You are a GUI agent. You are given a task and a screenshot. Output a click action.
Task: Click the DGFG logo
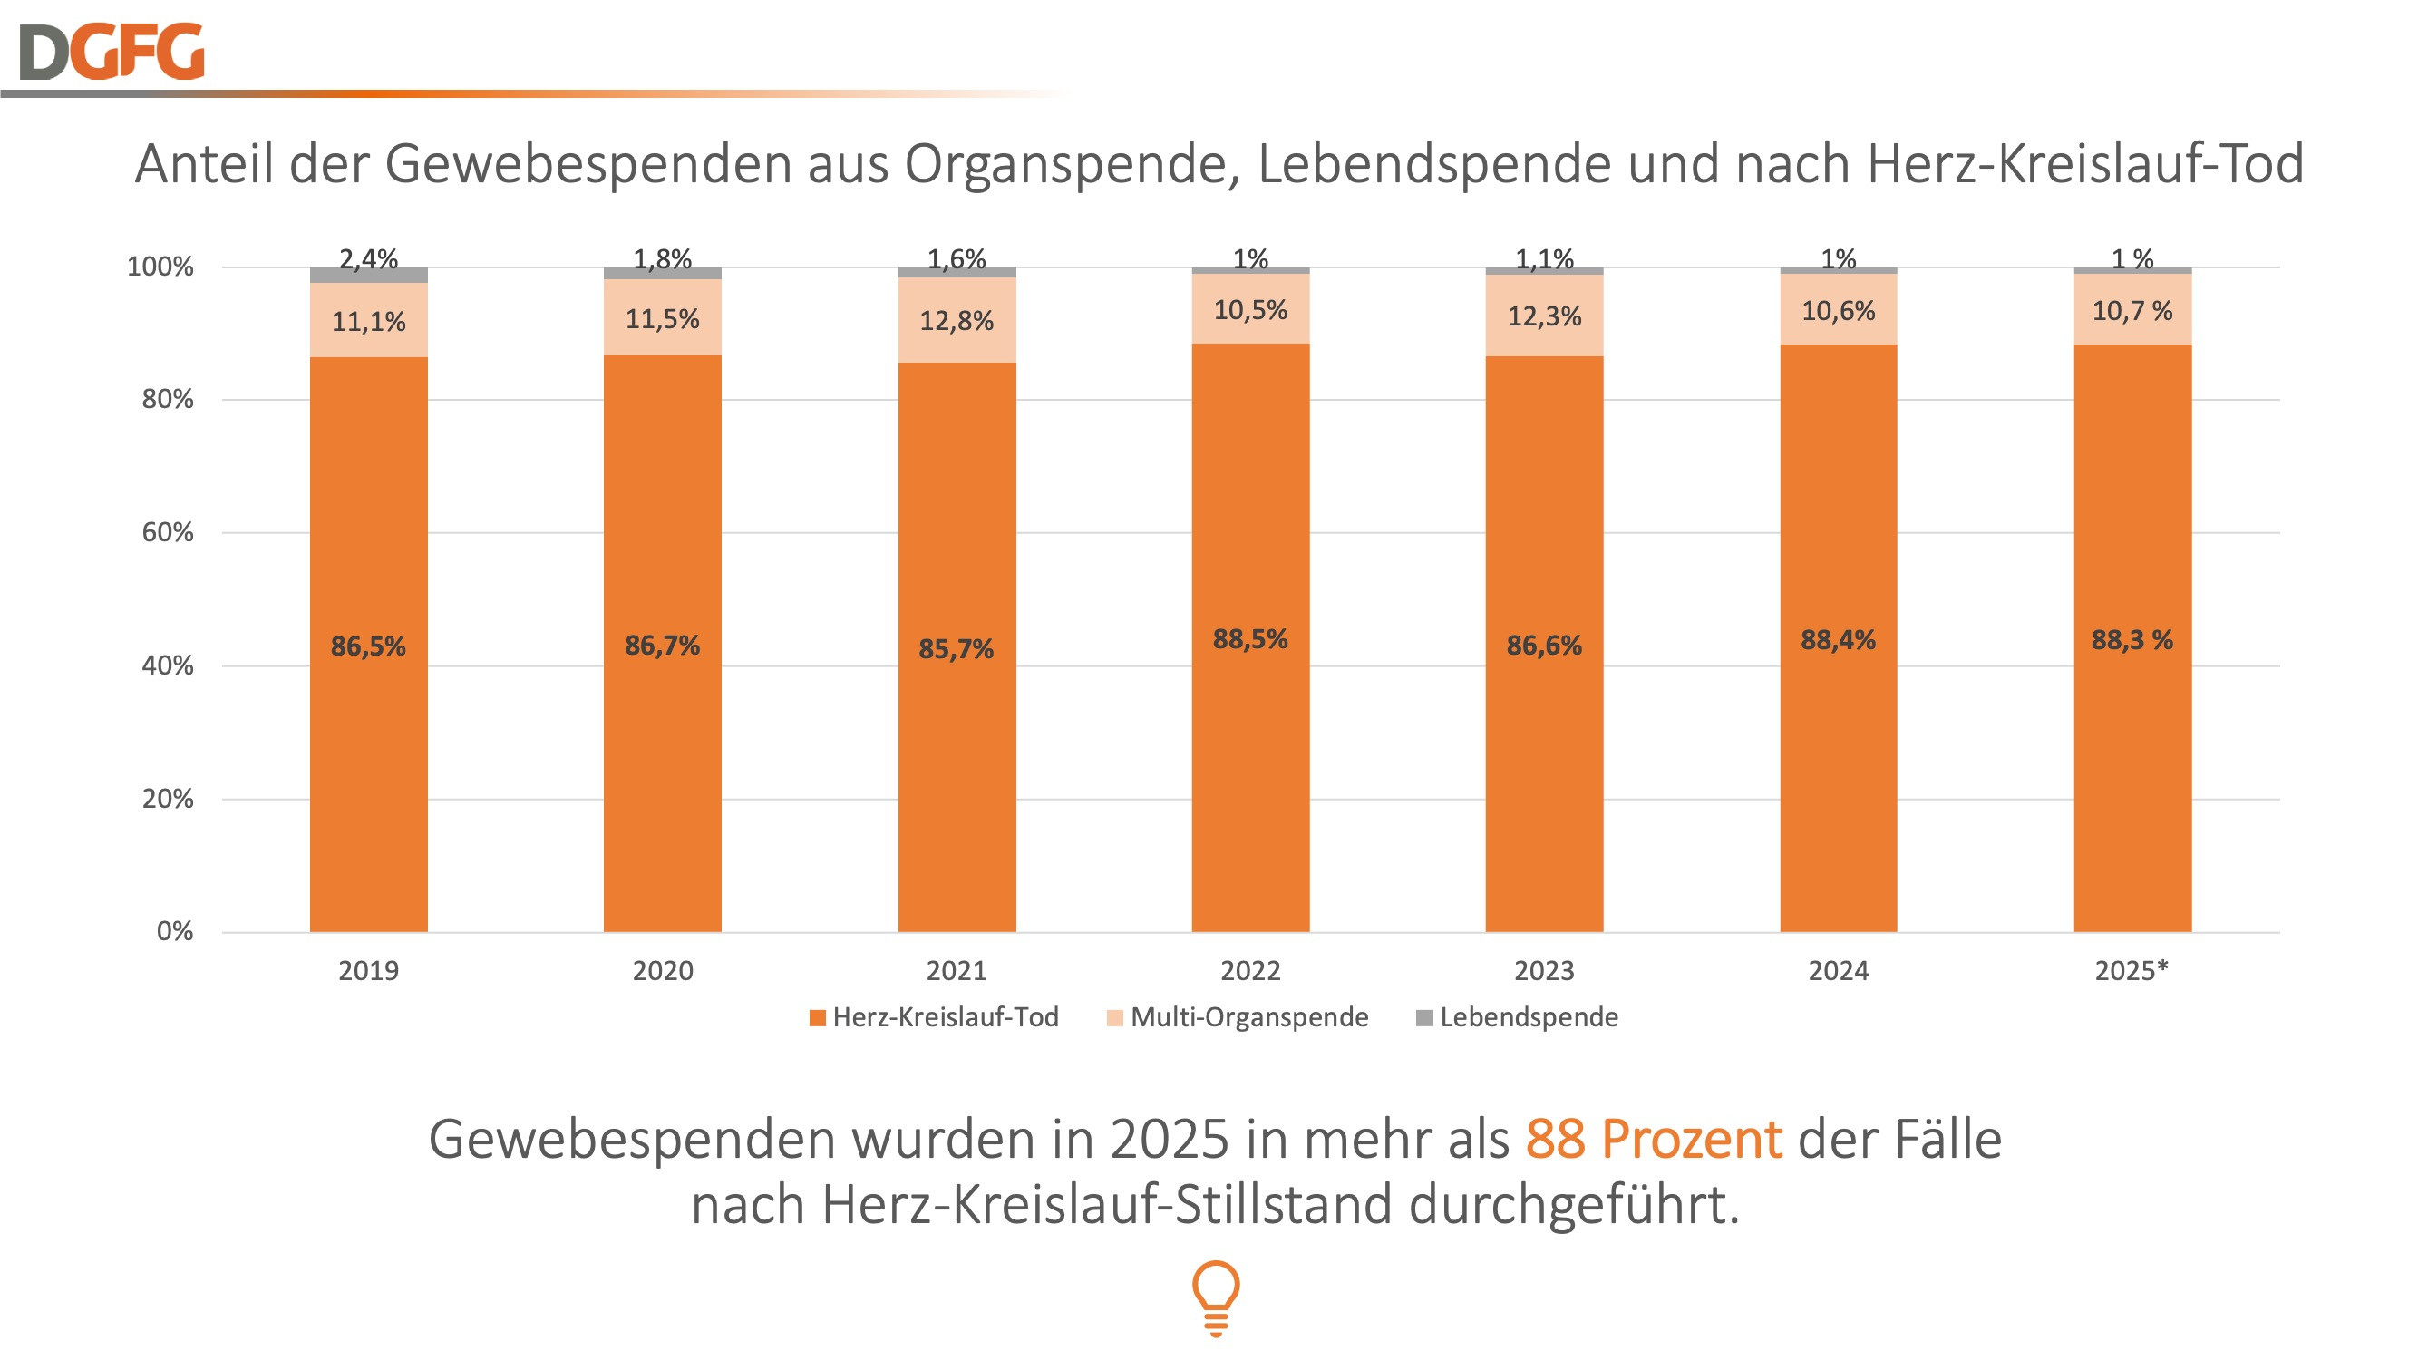point(111,52)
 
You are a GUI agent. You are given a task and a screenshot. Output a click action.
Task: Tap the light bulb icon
point(1216,1297)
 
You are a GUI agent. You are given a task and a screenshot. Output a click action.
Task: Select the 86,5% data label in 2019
point(368,646)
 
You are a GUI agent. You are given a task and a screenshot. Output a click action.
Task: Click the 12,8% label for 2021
point(956,321)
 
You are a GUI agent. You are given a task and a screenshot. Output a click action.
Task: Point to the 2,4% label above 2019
point(368,258)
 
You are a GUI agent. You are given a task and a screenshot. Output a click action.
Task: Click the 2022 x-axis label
point(1249,970)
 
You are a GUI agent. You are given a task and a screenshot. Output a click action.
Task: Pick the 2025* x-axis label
point(2132,970)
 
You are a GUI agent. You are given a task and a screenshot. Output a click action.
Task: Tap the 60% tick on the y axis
point(167,532)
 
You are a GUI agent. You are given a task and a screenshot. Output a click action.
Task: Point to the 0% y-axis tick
point(175,931)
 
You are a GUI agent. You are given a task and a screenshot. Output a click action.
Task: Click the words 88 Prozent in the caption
point(1653,1140)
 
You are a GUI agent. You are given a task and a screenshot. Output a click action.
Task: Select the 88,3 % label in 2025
point(2132,640)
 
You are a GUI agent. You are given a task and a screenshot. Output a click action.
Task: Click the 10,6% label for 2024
point(1838,311)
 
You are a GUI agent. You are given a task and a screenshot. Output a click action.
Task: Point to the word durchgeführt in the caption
point(1574,1204)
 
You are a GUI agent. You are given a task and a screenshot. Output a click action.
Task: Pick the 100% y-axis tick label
point(160,267)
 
